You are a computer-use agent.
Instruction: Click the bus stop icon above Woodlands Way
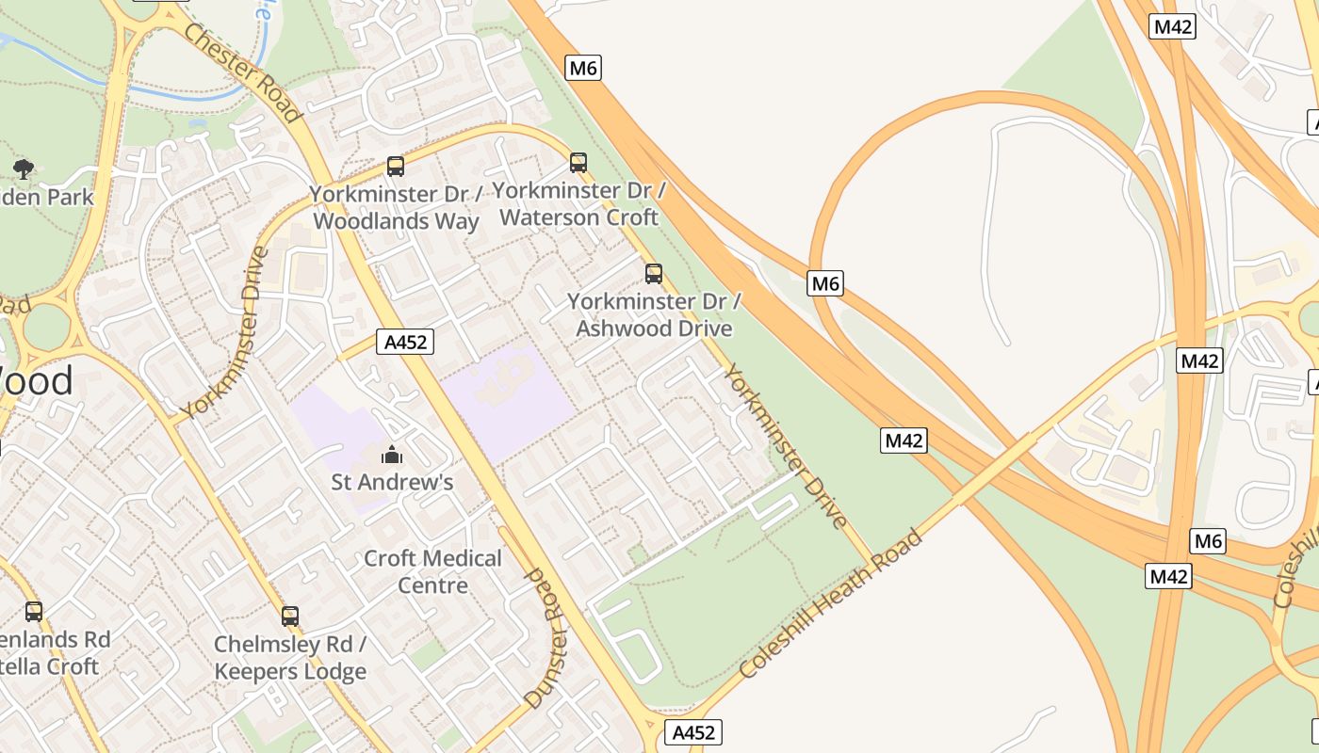(x=396, y=167)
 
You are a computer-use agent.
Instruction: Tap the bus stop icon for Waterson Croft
(x=578, y=163)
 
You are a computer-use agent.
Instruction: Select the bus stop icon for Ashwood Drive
(x=654, y=274)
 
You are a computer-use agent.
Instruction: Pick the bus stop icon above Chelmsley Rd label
(x=290, y=617)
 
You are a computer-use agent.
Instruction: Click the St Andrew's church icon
(x=392, y=456)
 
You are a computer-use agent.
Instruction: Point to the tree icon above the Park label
(x=24, y=169)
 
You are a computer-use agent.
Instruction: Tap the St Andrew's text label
(x=392, y=483)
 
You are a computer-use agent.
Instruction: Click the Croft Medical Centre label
(x=433, y=571)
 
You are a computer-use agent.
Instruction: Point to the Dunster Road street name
(x=546, y=637)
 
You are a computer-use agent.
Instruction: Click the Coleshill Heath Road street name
(x=830, y=604)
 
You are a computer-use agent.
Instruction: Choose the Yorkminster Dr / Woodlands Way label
(x=396, y=207)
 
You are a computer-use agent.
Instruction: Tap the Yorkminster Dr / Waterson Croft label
(x=578, y=203)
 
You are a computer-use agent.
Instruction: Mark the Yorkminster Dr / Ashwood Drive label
(x=654, y=314)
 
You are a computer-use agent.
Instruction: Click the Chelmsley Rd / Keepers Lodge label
(x=290, y=658)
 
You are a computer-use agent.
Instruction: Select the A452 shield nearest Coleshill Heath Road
(x=693, y=732)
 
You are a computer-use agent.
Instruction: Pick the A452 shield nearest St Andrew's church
(x=406, y=342)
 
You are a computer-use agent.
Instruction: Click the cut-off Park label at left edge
(x=47, y=197)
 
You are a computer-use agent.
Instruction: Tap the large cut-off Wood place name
(x=36, y=381)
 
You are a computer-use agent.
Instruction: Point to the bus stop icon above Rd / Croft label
(x=34, y=612)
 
